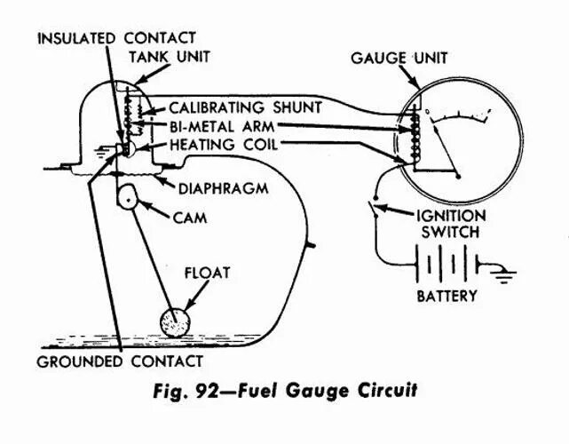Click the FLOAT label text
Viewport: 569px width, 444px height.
click(x=207, y=272)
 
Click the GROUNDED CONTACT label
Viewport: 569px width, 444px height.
click(x=120, y=362)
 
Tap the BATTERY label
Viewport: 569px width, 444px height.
click(x=447, y=296)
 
